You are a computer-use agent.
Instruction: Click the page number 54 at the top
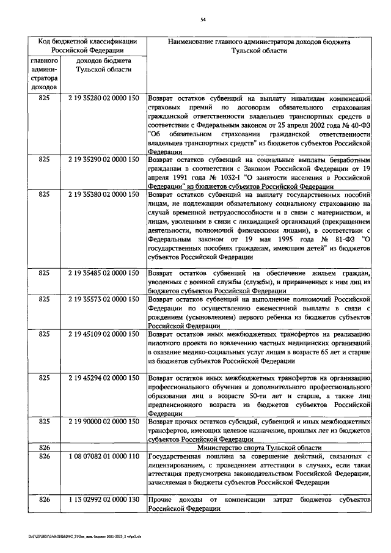pyautogui.click(x=202, y=20)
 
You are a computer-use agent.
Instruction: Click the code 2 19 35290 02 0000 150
pyautogui.click(x=103, y=159)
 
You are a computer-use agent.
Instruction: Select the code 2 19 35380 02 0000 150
pyautogui.click(x=103, y=194)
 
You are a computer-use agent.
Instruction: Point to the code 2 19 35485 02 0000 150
pyautogui.click(x=103, y=273)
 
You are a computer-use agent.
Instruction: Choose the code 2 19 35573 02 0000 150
pyautogui.click(x=103, y=299)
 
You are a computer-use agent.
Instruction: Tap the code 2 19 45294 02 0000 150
pyautogui.click(x=103, y=378)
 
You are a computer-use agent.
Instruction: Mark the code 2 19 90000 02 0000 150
pyautogui.click(x=103, y=422)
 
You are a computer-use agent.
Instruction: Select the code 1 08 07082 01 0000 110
pyautogui.click(x=103, y=456)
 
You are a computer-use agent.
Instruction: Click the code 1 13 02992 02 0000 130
pyautogui.click(x=103, y=500)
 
